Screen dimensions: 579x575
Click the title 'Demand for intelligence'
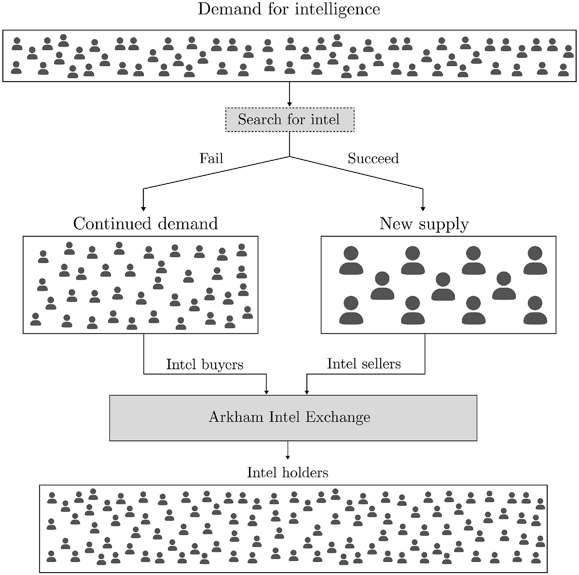289,10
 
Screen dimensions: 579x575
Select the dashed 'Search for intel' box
289,119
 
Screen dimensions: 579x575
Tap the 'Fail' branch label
211,158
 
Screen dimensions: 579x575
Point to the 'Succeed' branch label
373,158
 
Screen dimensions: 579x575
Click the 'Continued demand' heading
145,224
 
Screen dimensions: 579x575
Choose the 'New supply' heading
424,224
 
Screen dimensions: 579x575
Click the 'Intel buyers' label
205,364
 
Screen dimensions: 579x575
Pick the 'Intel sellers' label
364,364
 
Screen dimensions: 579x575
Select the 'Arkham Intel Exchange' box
293,418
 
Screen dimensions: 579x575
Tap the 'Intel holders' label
288,473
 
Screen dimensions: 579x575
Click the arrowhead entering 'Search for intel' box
289,104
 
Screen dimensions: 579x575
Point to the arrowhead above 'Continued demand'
143,209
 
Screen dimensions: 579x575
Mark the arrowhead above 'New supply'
423,209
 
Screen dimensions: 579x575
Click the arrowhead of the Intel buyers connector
266,392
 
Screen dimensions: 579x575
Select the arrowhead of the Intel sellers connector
306,392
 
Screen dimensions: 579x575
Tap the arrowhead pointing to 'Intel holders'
288,457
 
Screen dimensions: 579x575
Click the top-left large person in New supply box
351,260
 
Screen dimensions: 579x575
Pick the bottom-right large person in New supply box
535,310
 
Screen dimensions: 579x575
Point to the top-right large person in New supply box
535,260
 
